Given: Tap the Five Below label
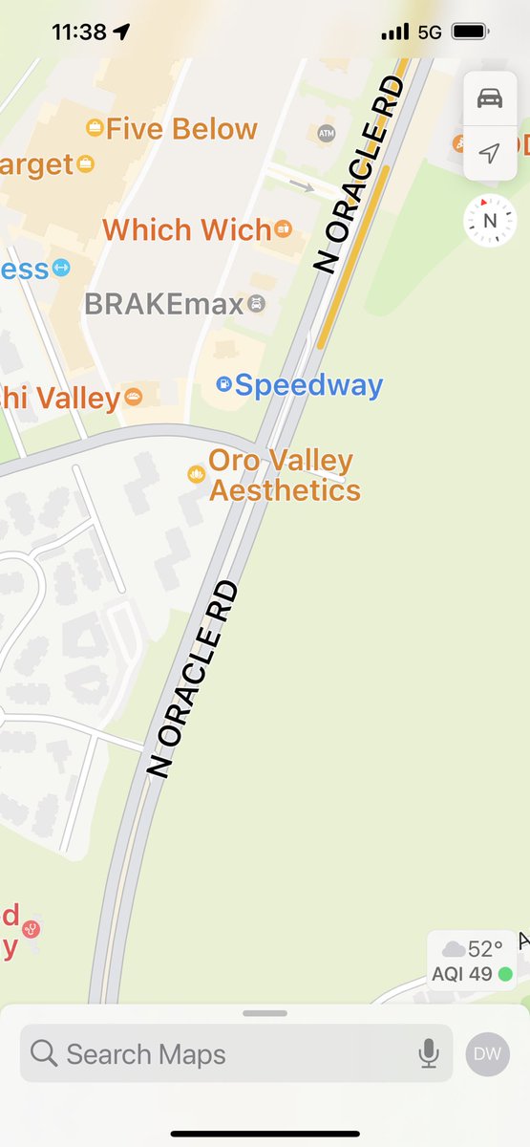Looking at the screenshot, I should coord(181,129).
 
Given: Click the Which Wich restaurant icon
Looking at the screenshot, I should coord(283,228).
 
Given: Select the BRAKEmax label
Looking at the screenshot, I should coord(163,304).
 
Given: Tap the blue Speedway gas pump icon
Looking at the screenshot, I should coord(223,384).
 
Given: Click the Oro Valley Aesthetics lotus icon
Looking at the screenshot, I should coord(196,474).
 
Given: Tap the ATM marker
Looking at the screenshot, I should coord(326,132).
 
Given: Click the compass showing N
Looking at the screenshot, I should coord(490,221).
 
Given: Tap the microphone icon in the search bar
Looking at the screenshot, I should coord(428,1053).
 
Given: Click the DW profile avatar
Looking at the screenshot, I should coord(488,1053).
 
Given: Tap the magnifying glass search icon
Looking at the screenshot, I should coord(44,1053).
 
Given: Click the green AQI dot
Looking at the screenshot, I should coord(505,974).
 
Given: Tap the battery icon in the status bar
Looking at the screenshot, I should coord(470,32).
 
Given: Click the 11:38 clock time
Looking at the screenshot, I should coord(79,32).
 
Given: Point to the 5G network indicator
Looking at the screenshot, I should coord(430,32).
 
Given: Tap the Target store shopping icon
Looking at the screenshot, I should coord(86,164).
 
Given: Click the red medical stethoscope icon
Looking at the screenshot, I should coord(32,928).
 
